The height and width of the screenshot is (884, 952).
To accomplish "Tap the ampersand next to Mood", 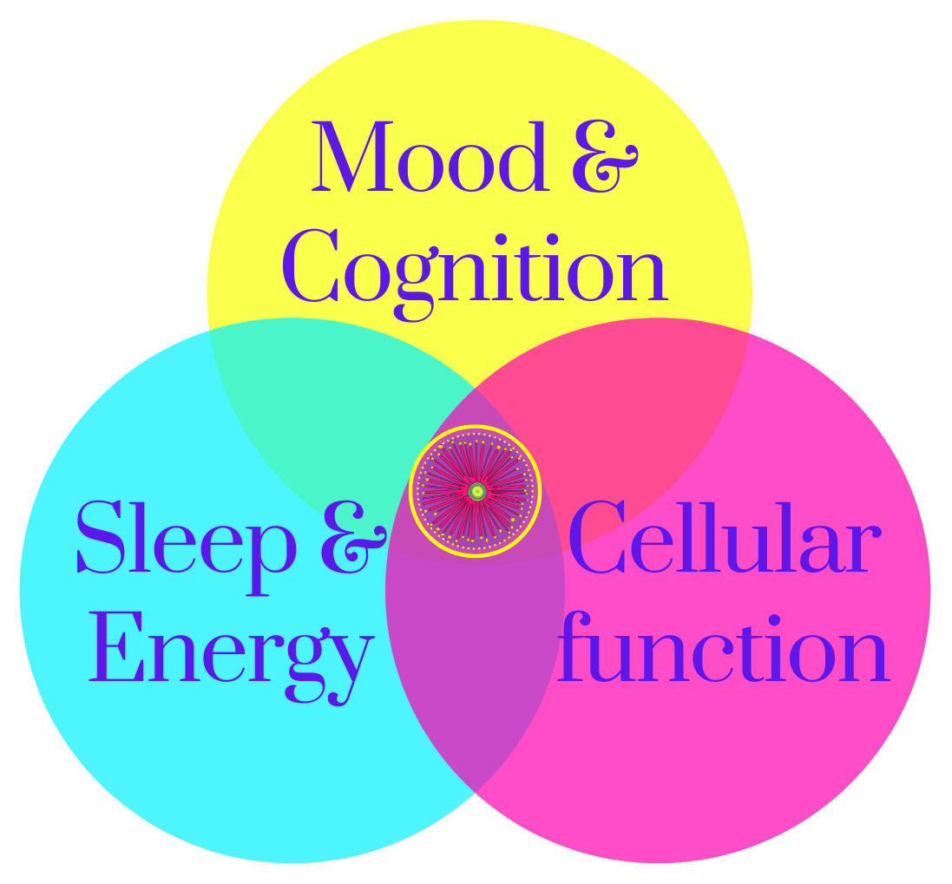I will point(604,159).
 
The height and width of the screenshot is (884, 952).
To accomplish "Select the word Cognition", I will point(474,265).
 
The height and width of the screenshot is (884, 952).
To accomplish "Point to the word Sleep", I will point(186,538).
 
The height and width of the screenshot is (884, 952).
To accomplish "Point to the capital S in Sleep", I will point(99,538).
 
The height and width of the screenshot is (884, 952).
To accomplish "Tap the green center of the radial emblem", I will point(476,492).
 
